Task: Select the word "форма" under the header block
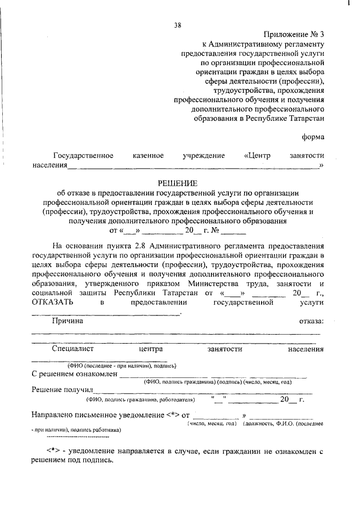(313, 137)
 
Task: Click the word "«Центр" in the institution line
(258, 155)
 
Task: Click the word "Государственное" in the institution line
(83, 155)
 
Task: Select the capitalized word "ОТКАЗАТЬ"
(52, 303)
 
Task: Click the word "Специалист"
(73, 349)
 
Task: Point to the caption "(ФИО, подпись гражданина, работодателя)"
(140, 400)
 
